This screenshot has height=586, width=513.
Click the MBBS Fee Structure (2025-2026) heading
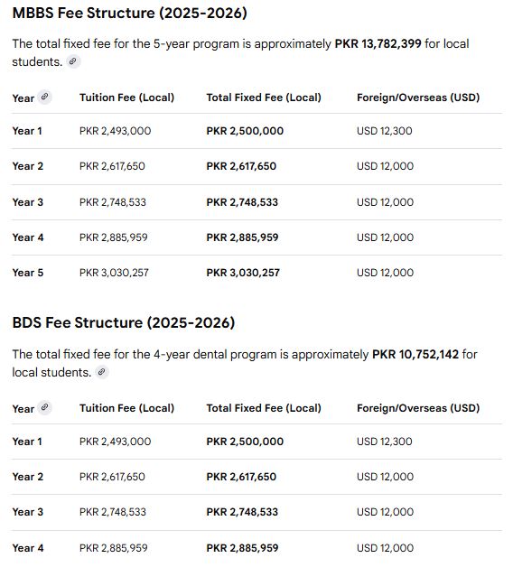(129, 14)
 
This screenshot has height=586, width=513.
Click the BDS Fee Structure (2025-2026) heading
(123, 323)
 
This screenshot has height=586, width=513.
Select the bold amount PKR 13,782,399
(396, 43)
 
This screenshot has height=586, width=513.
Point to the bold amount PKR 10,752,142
(415, 354)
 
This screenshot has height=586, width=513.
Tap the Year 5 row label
(27, 273)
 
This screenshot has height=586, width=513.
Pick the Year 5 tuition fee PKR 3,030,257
(114, 273)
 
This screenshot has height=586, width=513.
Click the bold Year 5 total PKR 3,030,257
(243, 273)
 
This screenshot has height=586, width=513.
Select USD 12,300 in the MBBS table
(384, 131)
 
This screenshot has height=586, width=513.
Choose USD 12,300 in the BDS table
(384, 442)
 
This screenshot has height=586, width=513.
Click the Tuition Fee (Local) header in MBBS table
(126, 98)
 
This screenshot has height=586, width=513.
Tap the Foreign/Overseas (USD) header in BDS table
(417, 408)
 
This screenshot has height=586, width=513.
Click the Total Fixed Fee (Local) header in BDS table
(263, 408)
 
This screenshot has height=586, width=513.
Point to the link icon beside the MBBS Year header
(45, 97)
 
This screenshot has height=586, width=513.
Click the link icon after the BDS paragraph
(102, 372)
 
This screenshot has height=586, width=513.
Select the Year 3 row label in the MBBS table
(27, 202)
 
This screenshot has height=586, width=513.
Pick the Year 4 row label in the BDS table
(27, 548)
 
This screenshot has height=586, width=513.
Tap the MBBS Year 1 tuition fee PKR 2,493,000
(115, 131)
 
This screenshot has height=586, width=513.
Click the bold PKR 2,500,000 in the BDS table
(244, 442)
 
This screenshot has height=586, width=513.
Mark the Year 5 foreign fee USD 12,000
(385, 273)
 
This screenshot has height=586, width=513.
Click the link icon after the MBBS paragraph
(74, 61)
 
